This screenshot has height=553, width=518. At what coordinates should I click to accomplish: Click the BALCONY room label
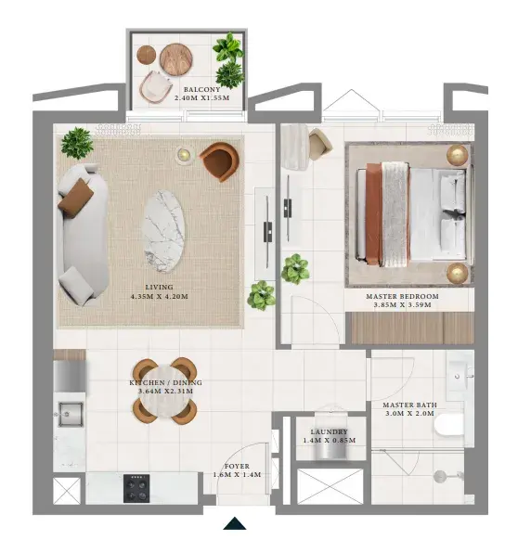coord(201,90)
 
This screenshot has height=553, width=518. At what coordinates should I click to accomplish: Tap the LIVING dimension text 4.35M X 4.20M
coord(159,297)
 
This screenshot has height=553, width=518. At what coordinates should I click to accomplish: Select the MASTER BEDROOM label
coord(402,296)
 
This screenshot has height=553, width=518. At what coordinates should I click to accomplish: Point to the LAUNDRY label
coord(330,431)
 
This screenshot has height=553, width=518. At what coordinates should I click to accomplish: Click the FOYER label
coord(237,466)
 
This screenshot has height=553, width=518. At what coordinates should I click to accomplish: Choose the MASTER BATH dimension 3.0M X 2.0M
coord(409,413)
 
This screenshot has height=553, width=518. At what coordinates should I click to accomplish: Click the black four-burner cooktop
coord(136,488)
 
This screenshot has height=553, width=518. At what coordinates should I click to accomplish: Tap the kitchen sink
coord(71,415)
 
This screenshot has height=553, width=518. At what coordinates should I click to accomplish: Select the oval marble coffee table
coord(164,231)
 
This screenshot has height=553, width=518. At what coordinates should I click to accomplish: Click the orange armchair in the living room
coord(220,161)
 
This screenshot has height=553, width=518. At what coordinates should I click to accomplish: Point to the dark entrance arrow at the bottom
coord(234,523)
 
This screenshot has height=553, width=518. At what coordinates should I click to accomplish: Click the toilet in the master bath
coord(449,426)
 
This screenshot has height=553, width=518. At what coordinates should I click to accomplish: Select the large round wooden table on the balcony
coord(176,59)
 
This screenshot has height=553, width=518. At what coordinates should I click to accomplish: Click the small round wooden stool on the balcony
coord(147,55)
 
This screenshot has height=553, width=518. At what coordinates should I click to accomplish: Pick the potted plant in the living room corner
coord(77,143)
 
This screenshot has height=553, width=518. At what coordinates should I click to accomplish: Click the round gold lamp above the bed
coord(458,155)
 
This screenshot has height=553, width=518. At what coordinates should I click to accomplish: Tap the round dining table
coord(165,392)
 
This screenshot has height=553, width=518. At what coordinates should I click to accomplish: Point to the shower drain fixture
coord(440,477)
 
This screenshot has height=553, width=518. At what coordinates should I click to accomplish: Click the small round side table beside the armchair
coord(184,154)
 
